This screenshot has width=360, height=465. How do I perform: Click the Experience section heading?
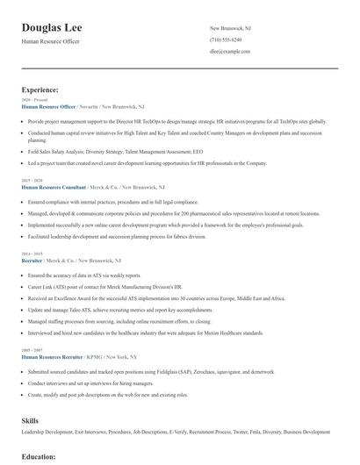(40, 89)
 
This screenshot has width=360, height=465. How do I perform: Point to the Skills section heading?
(30, 421)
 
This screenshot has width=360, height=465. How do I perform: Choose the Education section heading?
(39, 456)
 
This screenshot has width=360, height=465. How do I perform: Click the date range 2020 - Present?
(35, 100)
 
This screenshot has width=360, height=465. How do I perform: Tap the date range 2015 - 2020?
(33, 180)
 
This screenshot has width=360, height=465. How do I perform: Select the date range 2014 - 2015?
(33, 254)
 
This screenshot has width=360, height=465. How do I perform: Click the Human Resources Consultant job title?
(55, 188)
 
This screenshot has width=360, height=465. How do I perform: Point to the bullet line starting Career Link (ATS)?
(105, 286)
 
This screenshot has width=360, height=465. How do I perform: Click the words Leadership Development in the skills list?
(45, 432)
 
